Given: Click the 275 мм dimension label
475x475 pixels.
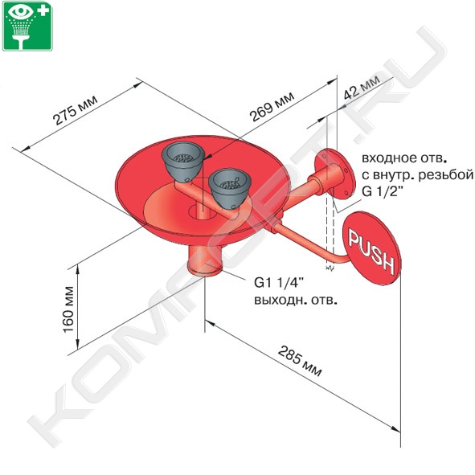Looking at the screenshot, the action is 75,110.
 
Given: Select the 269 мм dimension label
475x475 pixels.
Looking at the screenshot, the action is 272,106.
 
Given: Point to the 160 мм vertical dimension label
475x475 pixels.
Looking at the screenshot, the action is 68,309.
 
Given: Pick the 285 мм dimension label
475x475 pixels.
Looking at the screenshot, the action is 300,361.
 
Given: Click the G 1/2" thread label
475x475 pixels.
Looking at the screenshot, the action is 383,191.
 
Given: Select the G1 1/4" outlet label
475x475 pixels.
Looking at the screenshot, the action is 279,283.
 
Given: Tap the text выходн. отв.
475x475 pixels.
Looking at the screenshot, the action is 295,301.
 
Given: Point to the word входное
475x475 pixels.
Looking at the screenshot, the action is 384,158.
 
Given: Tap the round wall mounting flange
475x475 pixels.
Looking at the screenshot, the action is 334,174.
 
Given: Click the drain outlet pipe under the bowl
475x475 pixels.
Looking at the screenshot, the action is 205,260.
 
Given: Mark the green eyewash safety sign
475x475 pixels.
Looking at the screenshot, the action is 27,26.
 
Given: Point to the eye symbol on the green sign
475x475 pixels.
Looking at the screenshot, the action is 21,11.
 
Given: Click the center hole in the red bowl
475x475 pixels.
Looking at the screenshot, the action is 202,211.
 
